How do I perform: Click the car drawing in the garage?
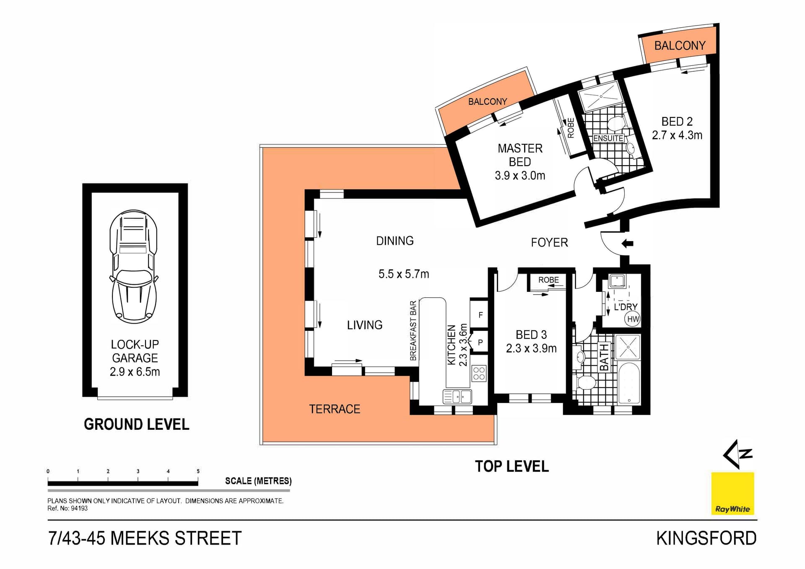134,267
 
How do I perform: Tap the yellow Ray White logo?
732,494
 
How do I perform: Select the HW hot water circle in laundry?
633,319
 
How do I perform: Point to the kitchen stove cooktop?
479,373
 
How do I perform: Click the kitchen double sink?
457,396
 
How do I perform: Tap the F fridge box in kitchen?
480,314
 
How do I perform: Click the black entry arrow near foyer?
627,243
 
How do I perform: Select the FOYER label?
549,242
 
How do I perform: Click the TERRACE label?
335,409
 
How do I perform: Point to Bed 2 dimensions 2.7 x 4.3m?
677,135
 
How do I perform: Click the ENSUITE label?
608,138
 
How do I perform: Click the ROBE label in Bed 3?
548,280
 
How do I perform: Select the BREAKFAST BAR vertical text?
413,330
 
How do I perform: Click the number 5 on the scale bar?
198,471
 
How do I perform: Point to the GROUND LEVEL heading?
136,424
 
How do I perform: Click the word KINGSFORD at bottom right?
706,538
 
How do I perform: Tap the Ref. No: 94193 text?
68,508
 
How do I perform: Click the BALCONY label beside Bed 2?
680,45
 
